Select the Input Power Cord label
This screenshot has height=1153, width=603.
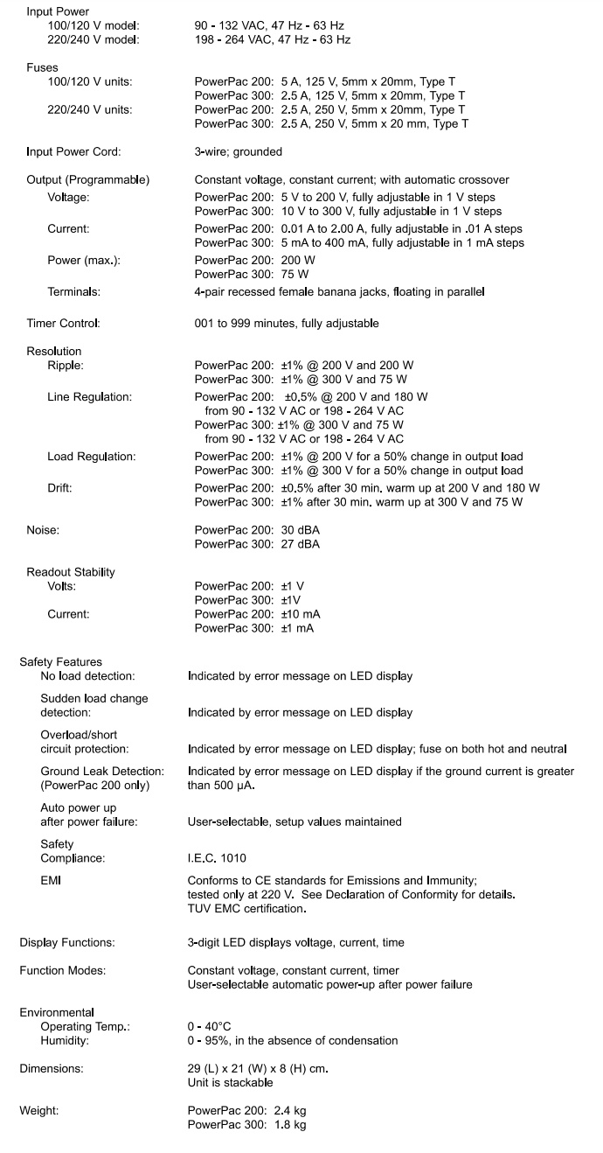(73, 151)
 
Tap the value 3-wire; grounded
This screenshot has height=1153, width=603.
(238, 151)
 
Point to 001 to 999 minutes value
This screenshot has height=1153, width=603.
(287, 324)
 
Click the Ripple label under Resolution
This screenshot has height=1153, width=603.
(66, 366)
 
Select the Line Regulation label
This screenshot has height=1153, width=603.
(89, 397)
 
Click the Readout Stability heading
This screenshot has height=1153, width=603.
(71, 572)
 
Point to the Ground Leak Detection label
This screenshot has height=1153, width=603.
(102, 772)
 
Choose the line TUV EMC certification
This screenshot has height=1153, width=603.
(247, 909)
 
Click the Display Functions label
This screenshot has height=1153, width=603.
(67, 942)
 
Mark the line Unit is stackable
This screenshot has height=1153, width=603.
(225, 1082)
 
